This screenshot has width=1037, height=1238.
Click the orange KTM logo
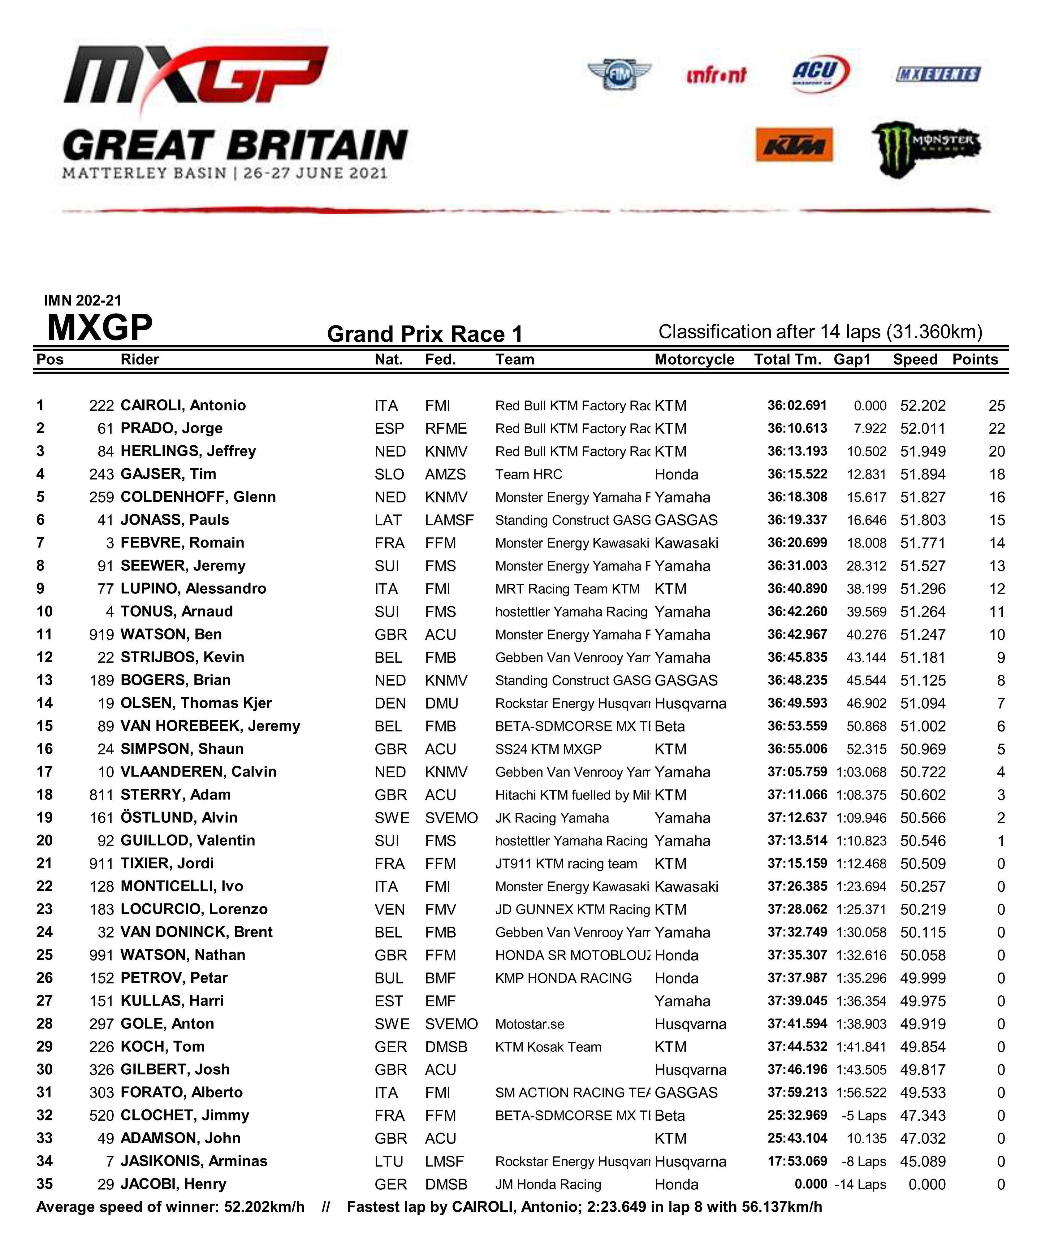794,145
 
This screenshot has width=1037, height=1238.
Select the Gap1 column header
852,360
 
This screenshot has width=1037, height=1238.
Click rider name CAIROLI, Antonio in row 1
183,405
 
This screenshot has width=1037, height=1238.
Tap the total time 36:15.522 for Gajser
797,474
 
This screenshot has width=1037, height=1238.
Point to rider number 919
102,634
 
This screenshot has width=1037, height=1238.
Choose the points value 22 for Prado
996,429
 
